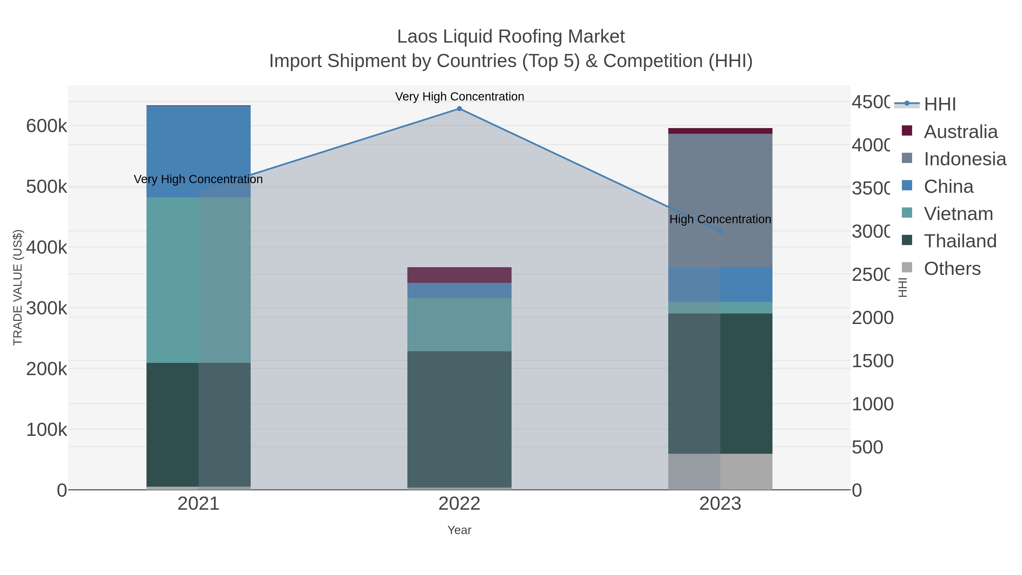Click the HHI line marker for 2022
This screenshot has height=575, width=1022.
(x=459, y=109)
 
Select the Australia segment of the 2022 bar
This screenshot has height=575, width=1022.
(x=459, y=275)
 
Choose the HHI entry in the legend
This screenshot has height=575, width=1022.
(x=939, y=104)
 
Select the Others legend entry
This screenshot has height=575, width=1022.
(x=952, y=269)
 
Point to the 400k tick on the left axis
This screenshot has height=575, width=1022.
(x=47, y=248)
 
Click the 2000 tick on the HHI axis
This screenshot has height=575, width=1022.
(x=872, y=318)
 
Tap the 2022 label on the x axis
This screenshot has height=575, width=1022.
(x=459, y=504)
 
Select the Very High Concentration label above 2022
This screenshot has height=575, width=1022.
(x=459, y=97)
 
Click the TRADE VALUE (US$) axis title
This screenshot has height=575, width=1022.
(x=18, y=287)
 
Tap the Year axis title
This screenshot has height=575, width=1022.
(x=459, y=530)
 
